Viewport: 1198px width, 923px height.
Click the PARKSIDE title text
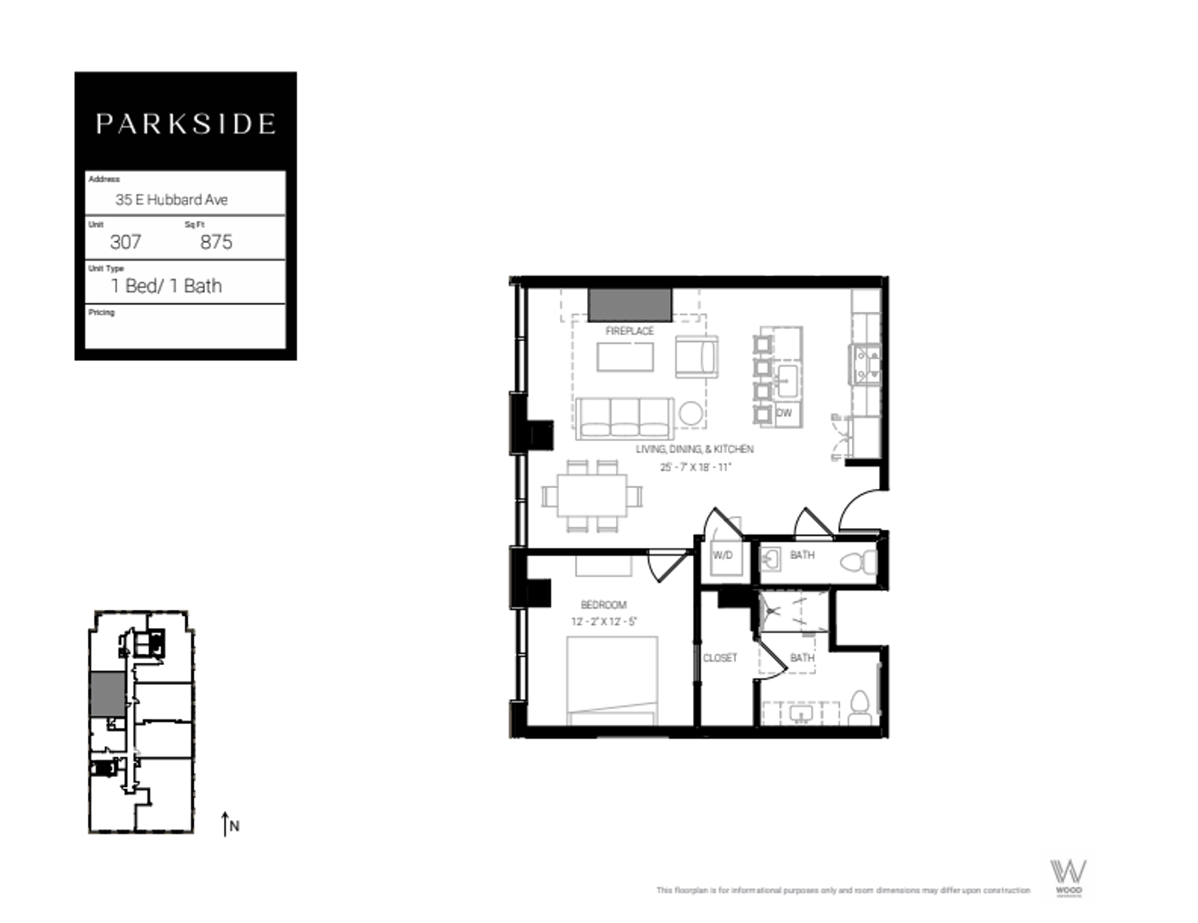click(x=185, y=124)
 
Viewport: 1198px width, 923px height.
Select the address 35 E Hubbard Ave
click(x=172, y=199)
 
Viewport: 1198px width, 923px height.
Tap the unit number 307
click(x=126, y=242)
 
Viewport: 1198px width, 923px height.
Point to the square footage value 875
click(x=216, y=242)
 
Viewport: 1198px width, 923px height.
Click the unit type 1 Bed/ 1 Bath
click(x=167, y=285)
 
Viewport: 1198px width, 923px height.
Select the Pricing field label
click(x=101, y=312)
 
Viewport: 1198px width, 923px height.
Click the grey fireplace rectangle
click(x=630, y=305)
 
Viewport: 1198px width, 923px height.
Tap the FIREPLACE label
click(x=630, y=331)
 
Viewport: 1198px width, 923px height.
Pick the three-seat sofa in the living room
click(x=625, y=418)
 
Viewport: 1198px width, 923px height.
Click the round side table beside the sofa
click(x=691, y=414)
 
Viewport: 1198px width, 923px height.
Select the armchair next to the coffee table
click(x=696, y=356)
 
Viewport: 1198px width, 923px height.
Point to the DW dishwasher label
click(x=784, y=413)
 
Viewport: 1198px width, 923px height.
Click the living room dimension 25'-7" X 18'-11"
click(x=695, y=467)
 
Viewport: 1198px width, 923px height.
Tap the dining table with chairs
click(x=592, y=496)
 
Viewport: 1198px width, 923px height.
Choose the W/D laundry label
click(x=723, y=555)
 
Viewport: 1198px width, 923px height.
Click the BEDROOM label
click(x=603, y=604)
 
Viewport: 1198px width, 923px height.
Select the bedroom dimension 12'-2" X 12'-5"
click(x=603, y=621)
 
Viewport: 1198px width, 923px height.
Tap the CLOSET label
click(x=719, y=657)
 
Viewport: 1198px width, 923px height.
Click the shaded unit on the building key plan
click(x=107, y=694)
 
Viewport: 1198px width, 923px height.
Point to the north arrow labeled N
click(x=229, y=825)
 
